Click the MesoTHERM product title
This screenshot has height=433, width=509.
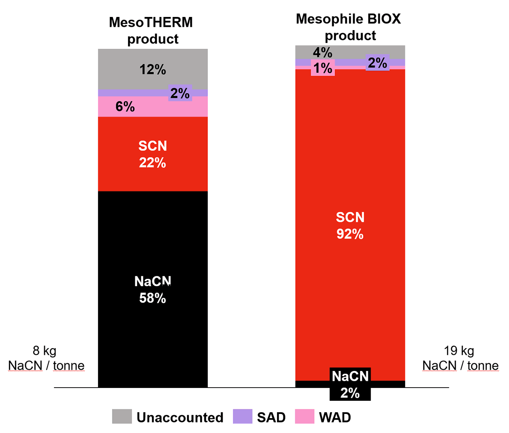[x=151, y=30]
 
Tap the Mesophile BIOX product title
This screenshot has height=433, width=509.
[x=349, y=27]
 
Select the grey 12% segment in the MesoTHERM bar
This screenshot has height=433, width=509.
[x=153, y=69]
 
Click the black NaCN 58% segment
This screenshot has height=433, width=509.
[x=153, y=290]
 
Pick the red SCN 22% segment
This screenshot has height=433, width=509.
[x=153, y=154]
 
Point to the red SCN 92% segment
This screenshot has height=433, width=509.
[x=350, y=225]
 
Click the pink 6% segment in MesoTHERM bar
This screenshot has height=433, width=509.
[x=126, y=107]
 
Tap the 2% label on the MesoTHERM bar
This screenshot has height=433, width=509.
[x=180, y=93]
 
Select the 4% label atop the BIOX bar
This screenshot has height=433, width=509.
[x=322, y=53]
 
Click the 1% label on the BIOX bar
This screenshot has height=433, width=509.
[x=323, y=68]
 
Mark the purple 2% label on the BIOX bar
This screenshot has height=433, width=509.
[x=377, y=63]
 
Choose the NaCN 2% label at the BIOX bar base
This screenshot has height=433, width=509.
[x=350, y=384]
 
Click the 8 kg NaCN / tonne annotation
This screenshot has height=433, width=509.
[x=46, y=358]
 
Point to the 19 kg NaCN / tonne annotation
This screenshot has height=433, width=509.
[x=460, y=358]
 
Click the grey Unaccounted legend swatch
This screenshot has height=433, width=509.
[x=122, y=416]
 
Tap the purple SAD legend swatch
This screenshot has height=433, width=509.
[x=243, y=416]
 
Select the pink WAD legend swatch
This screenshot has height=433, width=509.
[x=304, y=416]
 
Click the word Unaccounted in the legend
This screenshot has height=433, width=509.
[x=180, y=417]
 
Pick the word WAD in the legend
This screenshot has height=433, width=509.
[x=335, y=417]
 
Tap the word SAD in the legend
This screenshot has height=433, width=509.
[x=271, y=417]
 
